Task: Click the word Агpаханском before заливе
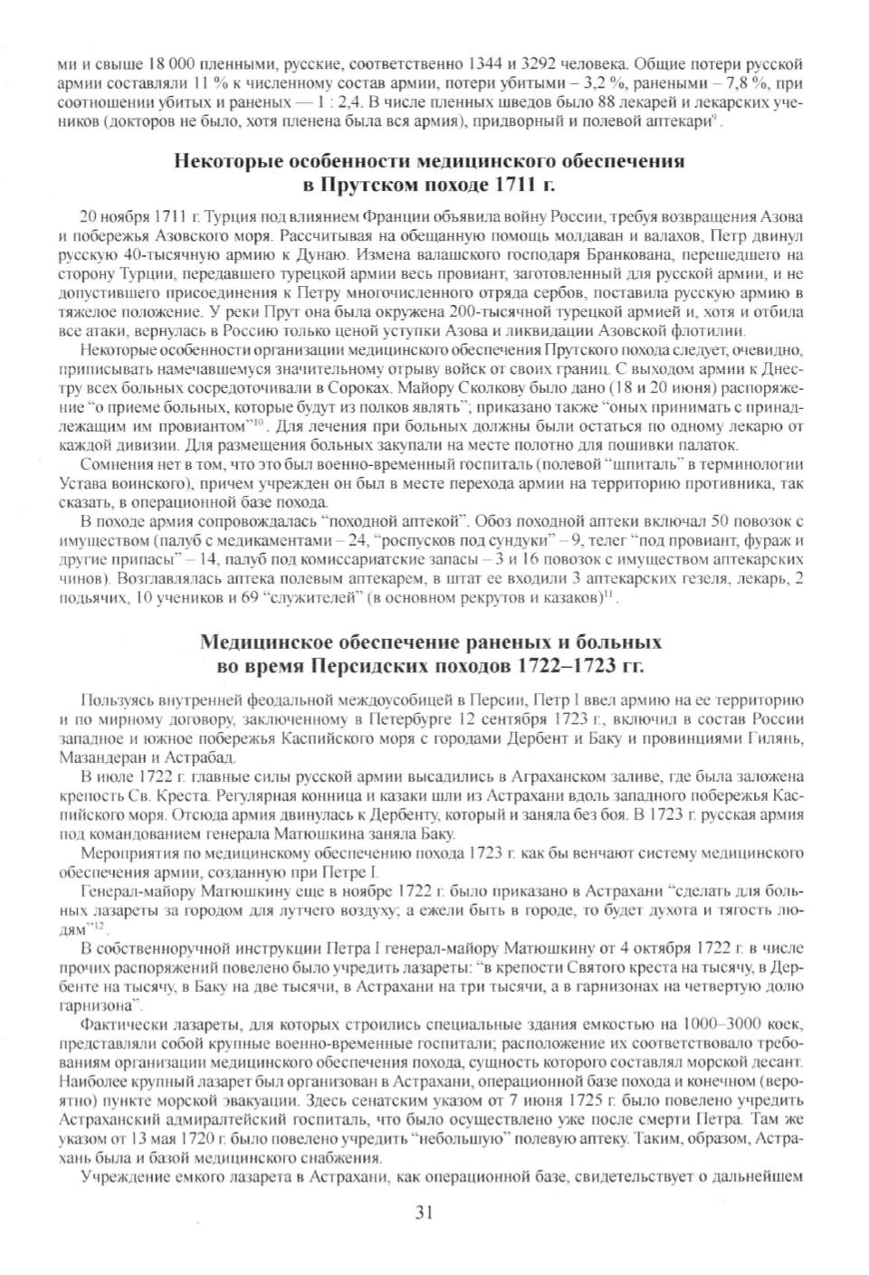tap(553, 778)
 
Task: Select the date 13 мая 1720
tap(173, 1136)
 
